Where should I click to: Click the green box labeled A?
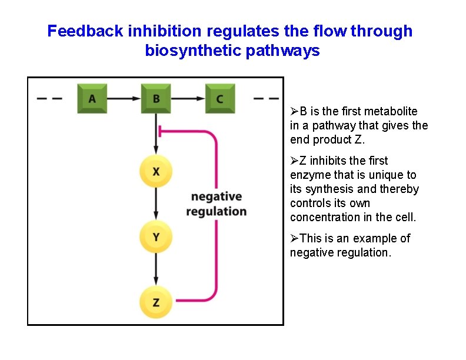click(x=92, y=99)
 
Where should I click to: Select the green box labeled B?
click(x=156, y=99)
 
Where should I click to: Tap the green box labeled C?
click(x=219, y=99)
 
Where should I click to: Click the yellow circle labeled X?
click(x=155, y=171)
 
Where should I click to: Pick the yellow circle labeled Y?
click(x=155, y=237)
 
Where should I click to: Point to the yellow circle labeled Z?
click(x=155, y=302)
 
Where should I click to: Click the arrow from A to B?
click(x=124, y=99)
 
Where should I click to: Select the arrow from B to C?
click(x=188, y=99)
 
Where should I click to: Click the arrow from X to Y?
click(x=155, y=204)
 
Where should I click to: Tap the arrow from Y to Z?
click(x=155, y=270)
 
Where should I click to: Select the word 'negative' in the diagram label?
click(x=217, y=196)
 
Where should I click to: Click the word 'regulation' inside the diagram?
click(x=216, y=211)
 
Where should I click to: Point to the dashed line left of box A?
click(x=49, y=99)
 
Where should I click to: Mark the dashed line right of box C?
click(x=265, y=99)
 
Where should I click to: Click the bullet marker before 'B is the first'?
click(x=294, y=111)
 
